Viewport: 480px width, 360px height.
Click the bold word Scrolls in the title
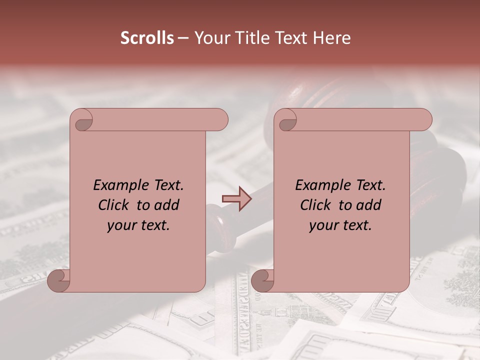pos(147,37)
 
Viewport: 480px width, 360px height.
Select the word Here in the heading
pos(332,37)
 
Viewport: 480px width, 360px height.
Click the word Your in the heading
pos(209,37)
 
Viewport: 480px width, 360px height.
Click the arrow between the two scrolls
pos(236,198)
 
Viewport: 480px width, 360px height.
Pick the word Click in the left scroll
pos(114,205)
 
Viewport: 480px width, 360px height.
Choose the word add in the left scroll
pos(167,205)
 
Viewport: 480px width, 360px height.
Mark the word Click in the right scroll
pos(316,205)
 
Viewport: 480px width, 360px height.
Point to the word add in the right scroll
pos(369,205)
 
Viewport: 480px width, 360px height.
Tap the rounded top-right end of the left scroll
pos(220,120)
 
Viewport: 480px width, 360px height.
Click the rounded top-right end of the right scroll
pos(424,120)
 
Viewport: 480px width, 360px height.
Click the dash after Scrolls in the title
pos(183,38)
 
